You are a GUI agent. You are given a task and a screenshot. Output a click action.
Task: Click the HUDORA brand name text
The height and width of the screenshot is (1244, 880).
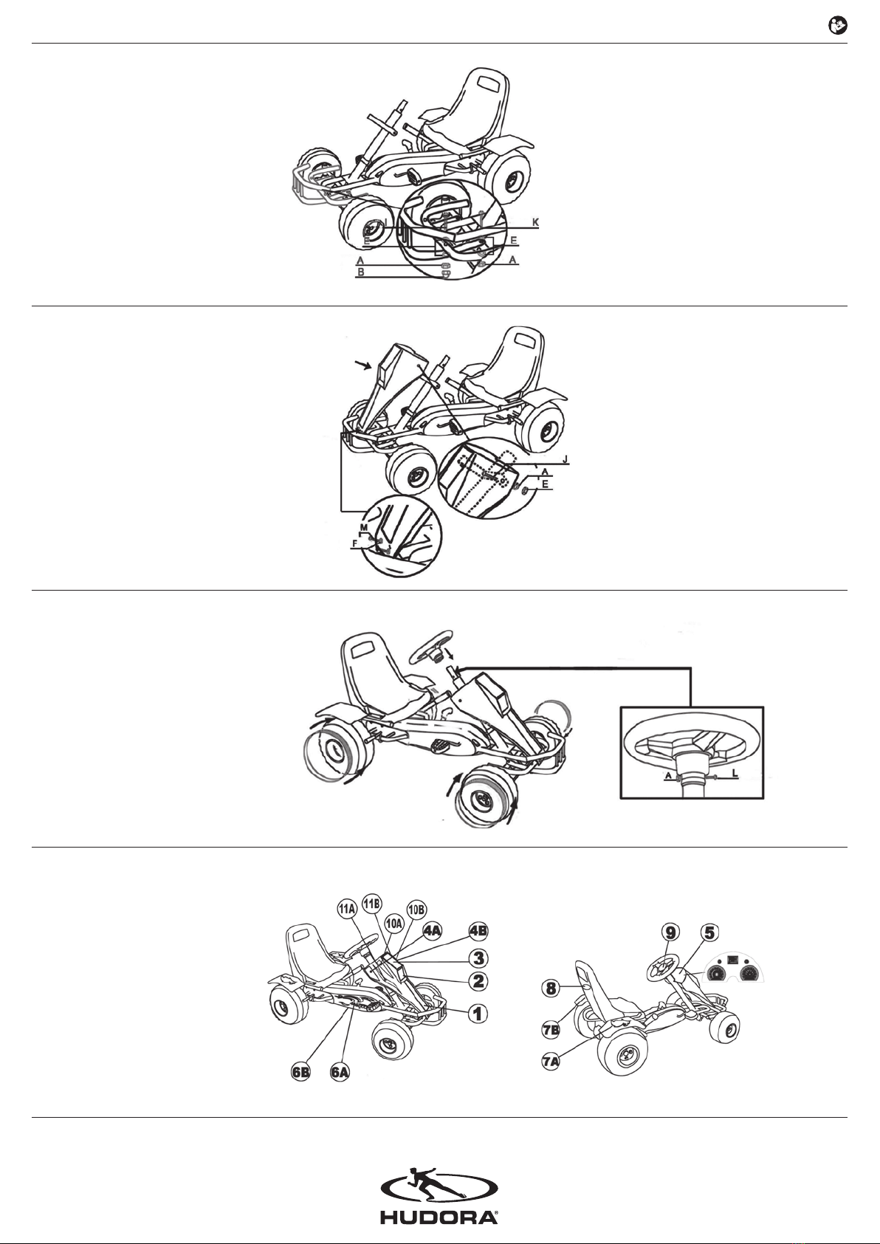click(439, 1217)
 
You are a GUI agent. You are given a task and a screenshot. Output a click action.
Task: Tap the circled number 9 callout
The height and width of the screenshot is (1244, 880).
click(670, 932)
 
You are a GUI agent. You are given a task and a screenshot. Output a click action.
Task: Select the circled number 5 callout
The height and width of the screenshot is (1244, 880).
click(709, 932)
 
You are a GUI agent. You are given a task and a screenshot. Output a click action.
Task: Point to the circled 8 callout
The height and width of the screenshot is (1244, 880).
click(551, 988)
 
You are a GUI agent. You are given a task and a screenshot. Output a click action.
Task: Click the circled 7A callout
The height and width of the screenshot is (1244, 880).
click(551, 1062)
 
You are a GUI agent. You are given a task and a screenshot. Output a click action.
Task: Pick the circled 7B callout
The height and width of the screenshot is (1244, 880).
click(551, 1030)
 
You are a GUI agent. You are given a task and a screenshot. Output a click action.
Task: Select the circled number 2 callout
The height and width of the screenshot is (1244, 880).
click(478, 981)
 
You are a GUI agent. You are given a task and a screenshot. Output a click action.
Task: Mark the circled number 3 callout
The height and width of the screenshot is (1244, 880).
click(478, 958)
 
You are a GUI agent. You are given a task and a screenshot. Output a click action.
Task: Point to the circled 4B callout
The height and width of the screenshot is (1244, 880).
click(478, 931)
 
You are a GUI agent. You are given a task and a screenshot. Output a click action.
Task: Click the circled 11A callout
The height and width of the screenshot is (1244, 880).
click(346, 910)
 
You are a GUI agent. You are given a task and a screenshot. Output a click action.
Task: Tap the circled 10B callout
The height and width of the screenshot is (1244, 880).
click(416, 910)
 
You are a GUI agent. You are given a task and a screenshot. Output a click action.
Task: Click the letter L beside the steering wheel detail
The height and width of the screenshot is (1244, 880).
click(735, 772)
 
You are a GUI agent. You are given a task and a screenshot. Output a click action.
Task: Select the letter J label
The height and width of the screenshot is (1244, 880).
click(566, 459)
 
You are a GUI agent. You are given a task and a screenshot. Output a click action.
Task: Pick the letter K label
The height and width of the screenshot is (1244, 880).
click(535, 223)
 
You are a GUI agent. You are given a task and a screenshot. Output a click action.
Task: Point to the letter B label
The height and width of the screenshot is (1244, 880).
click(361, 272)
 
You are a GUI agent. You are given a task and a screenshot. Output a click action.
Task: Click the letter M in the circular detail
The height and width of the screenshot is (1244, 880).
click(364, 527)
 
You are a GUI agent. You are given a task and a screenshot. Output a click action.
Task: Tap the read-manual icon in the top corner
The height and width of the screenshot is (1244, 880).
click(837, 26)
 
